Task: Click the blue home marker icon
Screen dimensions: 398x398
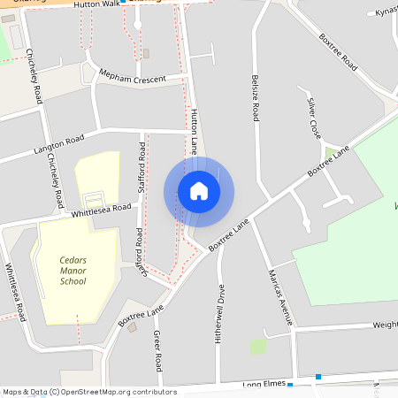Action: (x=199, y=191)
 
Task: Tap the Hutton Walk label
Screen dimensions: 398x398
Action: (x=96, y=4)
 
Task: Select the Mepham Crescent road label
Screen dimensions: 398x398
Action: (x=133, y=78)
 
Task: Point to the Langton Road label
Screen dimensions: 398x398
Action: (x=59, y=141)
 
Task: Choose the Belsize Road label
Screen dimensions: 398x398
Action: (x=255, y=98)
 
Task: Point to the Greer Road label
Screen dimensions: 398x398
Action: (x=157, y=351)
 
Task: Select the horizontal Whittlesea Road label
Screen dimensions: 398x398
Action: (x=101, y=208)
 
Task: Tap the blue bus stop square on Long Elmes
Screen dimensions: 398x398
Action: (x=318, y=378)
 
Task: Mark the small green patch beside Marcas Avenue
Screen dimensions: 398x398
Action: (x=257, y=346)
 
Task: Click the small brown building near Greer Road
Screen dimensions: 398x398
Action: (x=133, y=327)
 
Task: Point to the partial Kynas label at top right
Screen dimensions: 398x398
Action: (x=387, y=12)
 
